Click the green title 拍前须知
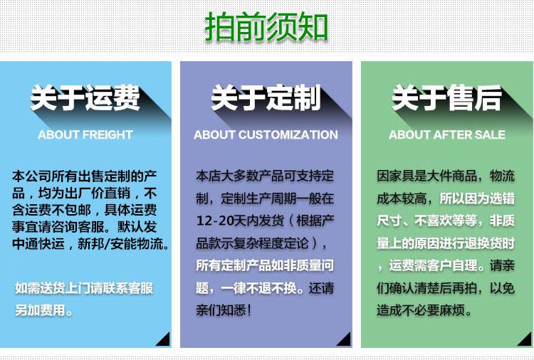coord(266,27)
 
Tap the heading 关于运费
coord(85,97)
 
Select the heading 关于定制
coord(266,97)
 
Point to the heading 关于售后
coord(447,97)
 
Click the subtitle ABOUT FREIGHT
coord(85,134)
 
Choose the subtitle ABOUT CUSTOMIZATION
coord(266,134)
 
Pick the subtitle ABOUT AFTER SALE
coord(447,134)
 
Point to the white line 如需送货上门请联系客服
coord(84,288)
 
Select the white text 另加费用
coord(40,310)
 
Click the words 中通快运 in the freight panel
coord(38,243)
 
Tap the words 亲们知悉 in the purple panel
coord(221,310)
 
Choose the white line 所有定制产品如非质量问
coord(265,265)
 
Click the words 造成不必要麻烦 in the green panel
coord(421,310)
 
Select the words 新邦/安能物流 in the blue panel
coord(120,243)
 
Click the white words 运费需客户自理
coord(434,265)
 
